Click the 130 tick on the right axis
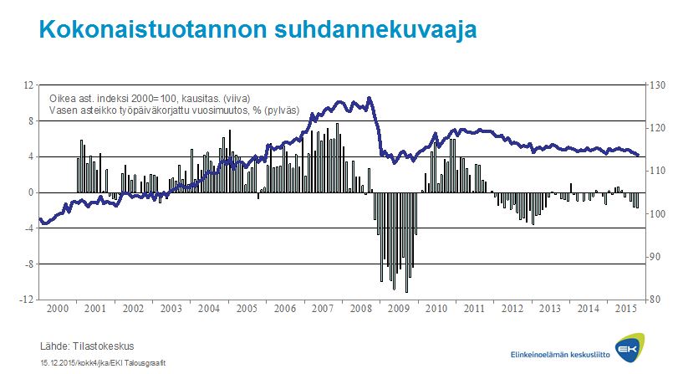point(655,85)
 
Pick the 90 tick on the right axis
point(654,257)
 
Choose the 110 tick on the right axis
point(655,171)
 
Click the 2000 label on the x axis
point(58,309)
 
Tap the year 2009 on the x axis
point(398,309)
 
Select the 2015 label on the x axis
point(625,309)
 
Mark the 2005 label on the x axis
point(247,309)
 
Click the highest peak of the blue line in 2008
point(369,98)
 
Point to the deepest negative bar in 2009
point(406,292)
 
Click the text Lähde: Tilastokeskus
point(87,346)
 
